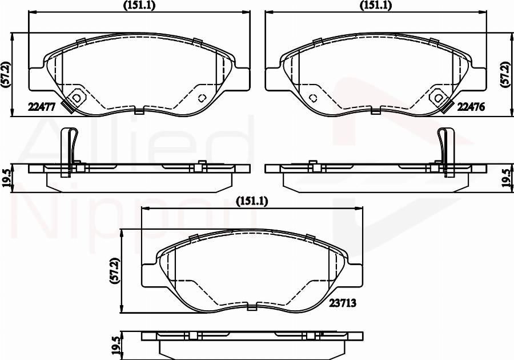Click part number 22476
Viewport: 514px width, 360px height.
coord(471,106)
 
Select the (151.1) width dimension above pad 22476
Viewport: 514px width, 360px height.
coord(375,5)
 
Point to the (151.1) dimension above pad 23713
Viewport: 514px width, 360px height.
coord(252,201)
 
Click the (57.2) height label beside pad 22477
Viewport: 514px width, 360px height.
coord(5,74)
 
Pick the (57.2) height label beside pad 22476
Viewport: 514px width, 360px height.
coord(505,74)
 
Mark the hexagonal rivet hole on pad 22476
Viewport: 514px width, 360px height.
coord(438,97)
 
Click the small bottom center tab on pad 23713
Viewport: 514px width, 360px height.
coord(251,308)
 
